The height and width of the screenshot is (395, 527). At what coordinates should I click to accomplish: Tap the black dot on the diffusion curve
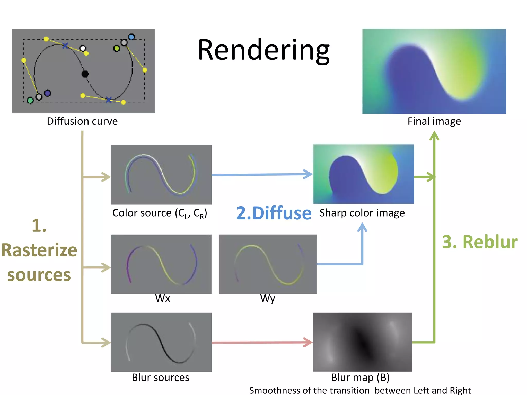point(85,74)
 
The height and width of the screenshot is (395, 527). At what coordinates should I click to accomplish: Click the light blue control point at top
point(131,37)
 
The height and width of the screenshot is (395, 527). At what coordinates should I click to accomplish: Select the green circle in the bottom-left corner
point(30,100)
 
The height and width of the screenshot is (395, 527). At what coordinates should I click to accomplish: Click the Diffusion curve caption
point(82,121)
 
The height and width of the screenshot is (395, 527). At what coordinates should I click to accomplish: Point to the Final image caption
point(434,121)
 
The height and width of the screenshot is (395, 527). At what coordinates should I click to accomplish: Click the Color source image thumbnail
point(161,175)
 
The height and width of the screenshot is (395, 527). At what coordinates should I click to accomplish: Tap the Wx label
point(163,298)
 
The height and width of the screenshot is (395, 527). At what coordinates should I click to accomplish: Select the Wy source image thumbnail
point(268,264)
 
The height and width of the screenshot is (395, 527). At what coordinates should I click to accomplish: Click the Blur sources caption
point(160,378)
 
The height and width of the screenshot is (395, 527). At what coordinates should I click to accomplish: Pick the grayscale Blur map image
point(362,342)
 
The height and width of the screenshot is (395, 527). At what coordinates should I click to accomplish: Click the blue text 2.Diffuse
point(274,213)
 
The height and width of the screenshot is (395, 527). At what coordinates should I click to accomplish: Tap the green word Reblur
point(490,242)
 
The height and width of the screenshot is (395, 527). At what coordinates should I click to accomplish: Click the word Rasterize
point(39,250)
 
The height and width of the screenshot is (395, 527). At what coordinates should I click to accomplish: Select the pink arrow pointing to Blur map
point(262,342)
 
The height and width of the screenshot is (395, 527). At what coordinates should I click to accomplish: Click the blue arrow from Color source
point(262,174)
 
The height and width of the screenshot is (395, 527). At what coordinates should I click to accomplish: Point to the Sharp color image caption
point(362,213)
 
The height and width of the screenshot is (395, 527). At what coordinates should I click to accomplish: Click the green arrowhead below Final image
point(434,136)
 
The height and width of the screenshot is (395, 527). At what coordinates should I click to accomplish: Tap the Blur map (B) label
point(360,378)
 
